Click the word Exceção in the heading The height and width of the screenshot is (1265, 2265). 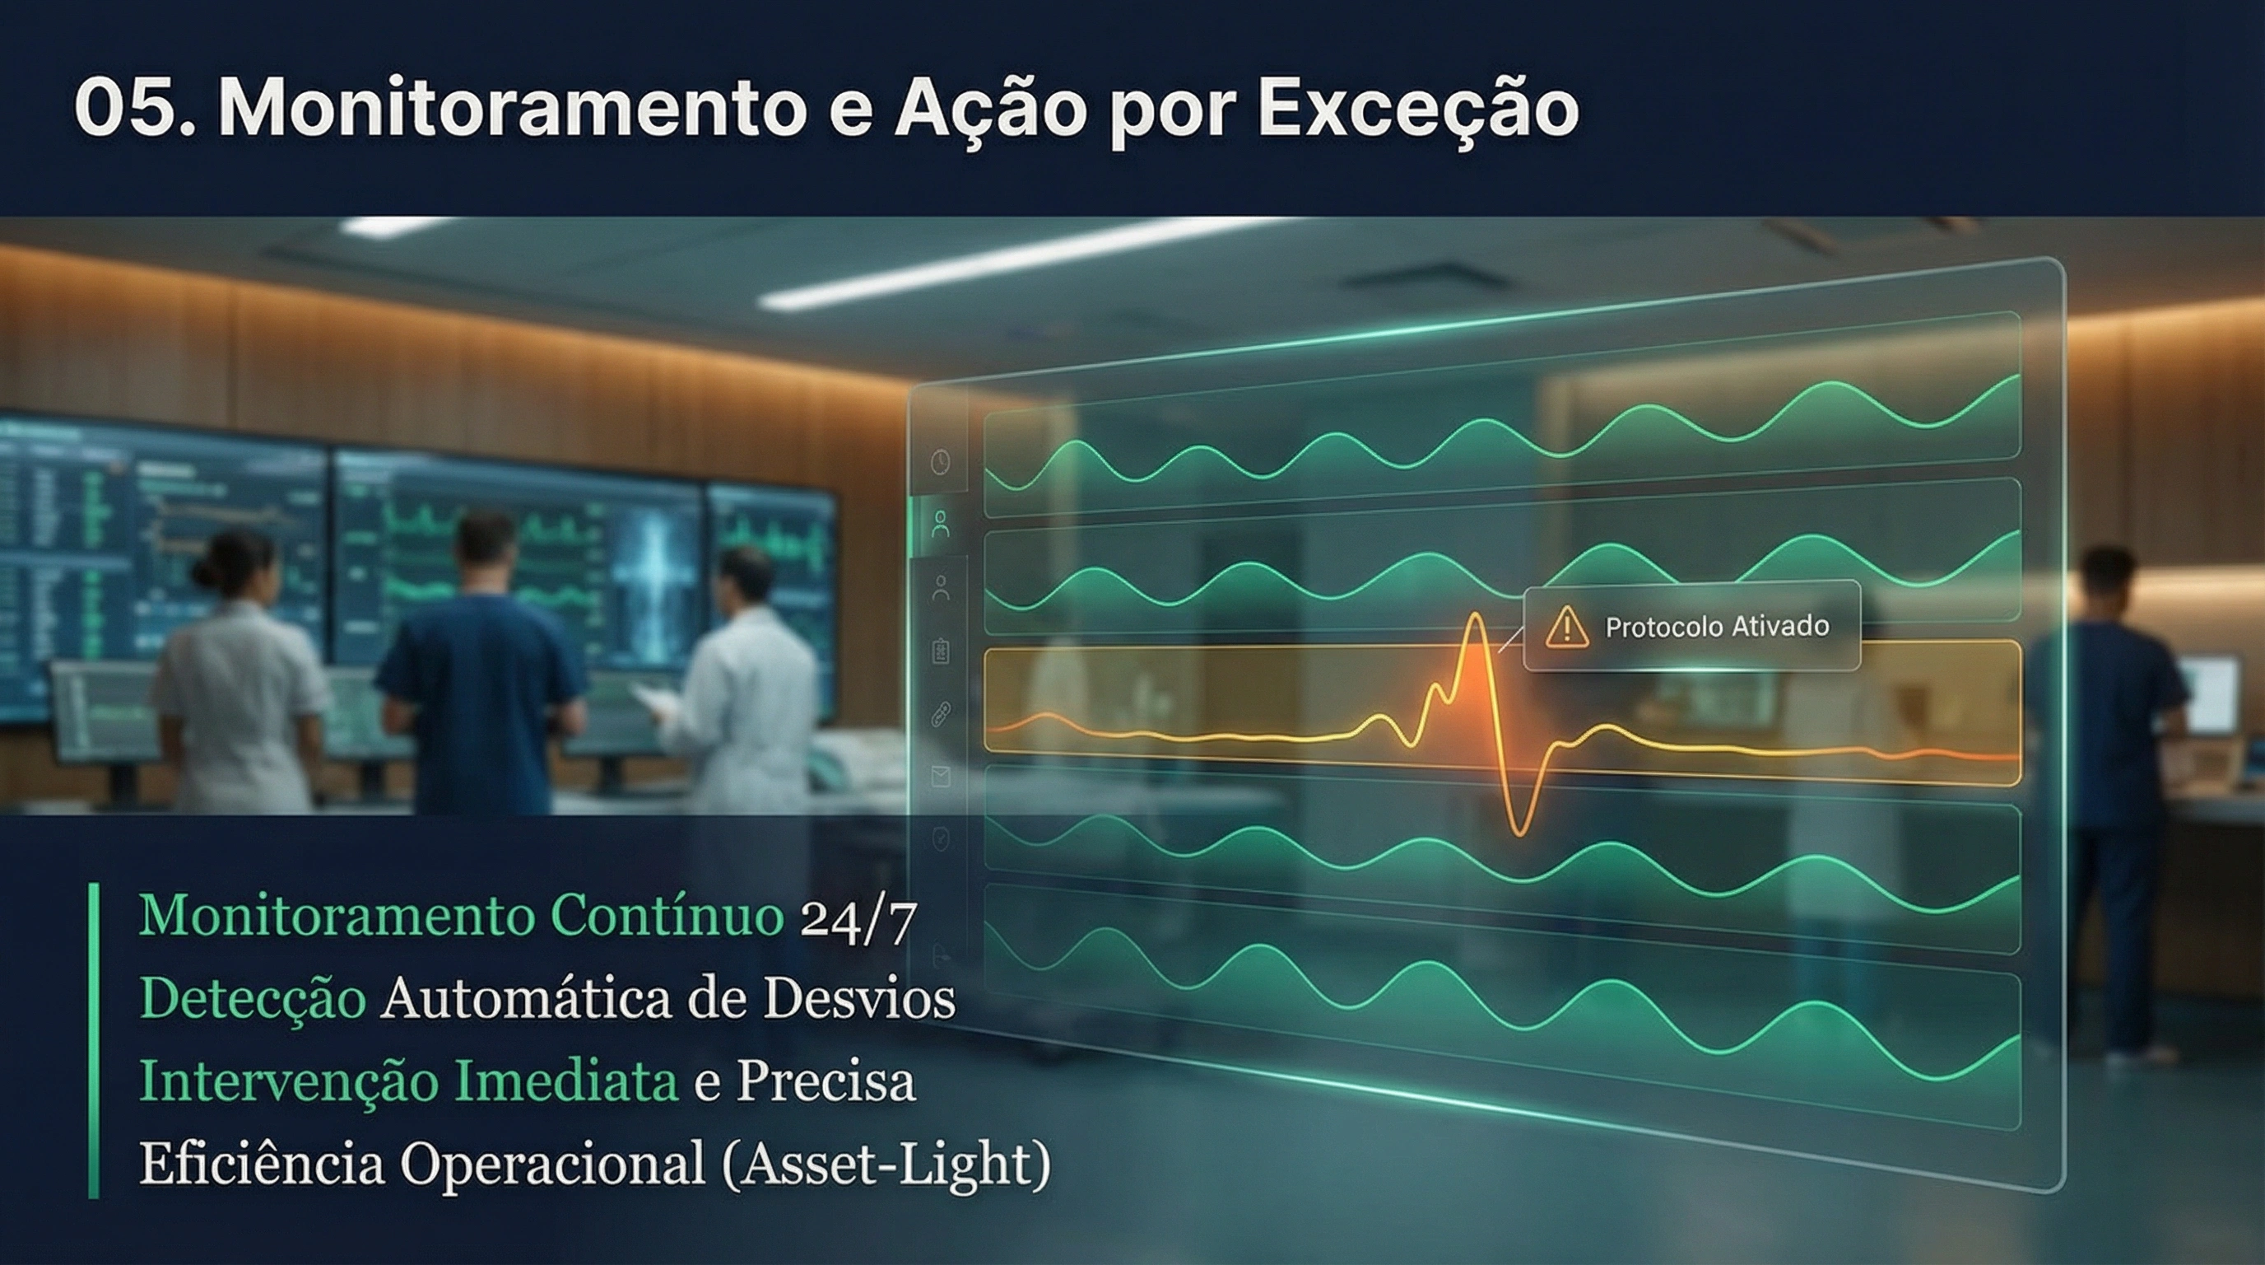[x=1417, y=109]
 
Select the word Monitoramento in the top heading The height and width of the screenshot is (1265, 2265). [x=511, y=109]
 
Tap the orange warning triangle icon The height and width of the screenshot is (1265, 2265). [x=1566, y=628]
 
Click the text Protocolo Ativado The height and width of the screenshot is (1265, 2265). [x=1716, y=627]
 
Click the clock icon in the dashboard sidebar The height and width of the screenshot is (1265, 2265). [x=941, y=461]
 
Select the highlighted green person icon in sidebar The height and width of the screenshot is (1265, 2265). [x=941, y=525]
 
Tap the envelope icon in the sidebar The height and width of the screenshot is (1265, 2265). [x=941, y=775]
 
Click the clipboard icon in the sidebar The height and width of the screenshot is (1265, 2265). [x=941, y=651]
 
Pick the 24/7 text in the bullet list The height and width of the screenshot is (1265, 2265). [x=858, y=919]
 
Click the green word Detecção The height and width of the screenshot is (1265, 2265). [x=253, y=999]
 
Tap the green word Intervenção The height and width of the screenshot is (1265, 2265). [x=287, y=1081]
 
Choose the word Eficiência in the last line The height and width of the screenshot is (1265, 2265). [x=262, y=1164]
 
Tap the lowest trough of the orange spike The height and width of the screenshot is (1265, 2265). [x=1519, y=830]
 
